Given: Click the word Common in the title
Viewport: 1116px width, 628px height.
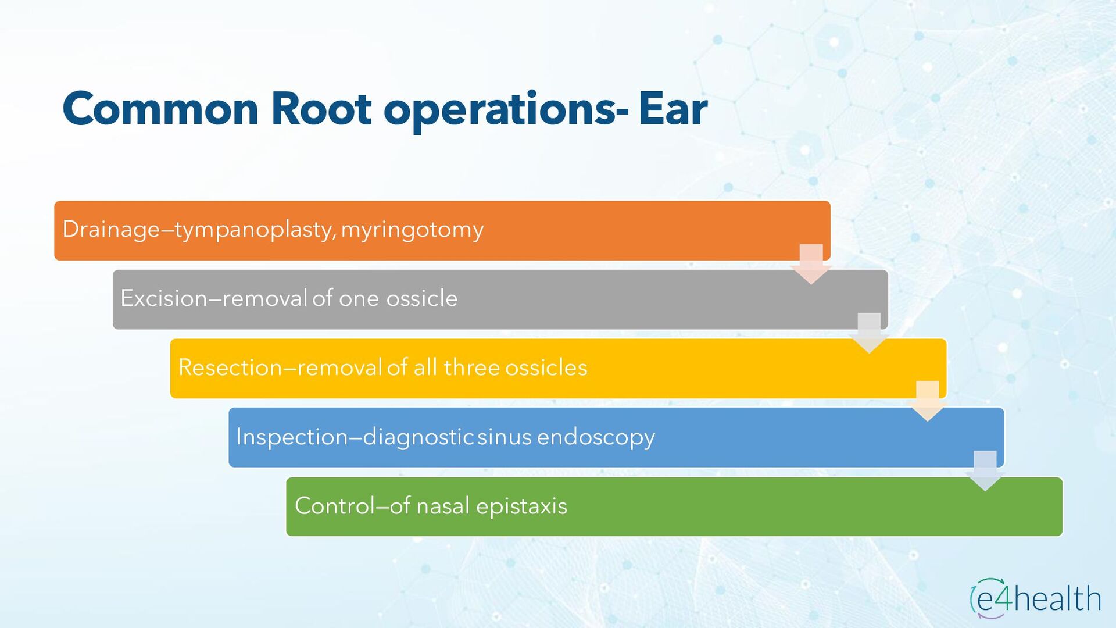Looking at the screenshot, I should point(160,109).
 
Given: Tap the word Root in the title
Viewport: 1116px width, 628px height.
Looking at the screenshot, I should point(321,109).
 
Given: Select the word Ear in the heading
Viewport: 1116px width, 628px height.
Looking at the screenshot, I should point(673,109).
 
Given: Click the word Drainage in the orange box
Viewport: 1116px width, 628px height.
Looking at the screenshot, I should point(111,230).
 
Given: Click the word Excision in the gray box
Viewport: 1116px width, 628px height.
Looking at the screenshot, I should point(164,298).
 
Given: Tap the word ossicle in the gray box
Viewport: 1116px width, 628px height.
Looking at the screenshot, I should point(422,298).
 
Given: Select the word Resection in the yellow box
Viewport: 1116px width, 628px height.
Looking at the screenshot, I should point(230,367).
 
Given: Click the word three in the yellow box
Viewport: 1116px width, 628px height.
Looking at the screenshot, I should point(471,367).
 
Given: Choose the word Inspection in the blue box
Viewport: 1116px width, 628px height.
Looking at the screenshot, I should point(292,437).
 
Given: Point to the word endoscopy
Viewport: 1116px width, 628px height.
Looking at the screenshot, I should point(596,437).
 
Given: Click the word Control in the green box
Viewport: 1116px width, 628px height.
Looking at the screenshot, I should point(335,506).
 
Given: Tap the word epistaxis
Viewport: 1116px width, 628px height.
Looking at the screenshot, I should point(521,506).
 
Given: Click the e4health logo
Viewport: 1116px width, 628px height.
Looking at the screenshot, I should point(1036,598).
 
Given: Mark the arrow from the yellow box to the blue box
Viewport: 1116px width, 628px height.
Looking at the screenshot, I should point(928,401).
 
